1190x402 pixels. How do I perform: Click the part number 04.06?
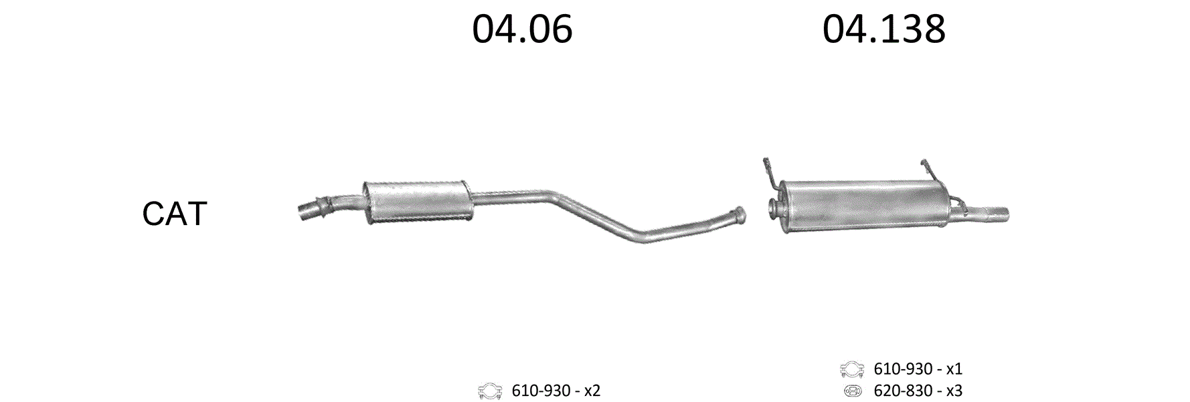522,29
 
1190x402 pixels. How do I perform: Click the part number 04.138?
883,29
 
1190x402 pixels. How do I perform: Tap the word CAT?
175,214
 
